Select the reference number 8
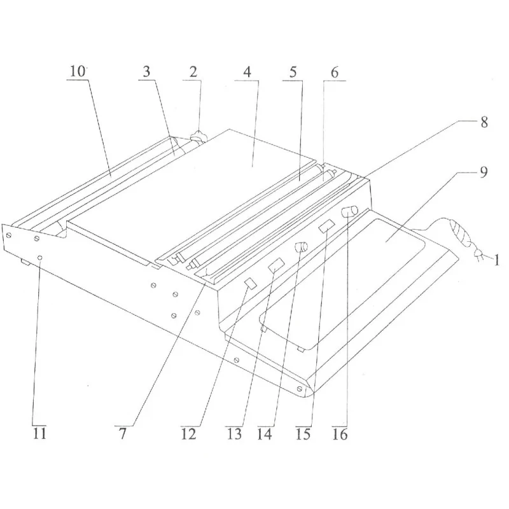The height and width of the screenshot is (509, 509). click(x=484, y=122)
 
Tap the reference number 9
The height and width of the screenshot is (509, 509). click(x=484, y=172)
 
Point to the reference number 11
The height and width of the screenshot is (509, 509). click(x=39, y=435)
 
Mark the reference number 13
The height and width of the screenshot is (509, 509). click(x=235, y=435)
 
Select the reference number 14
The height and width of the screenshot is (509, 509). click(x=266, y=435)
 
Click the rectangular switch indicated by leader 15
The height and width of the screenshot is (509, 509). click(x=326, y=225)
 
